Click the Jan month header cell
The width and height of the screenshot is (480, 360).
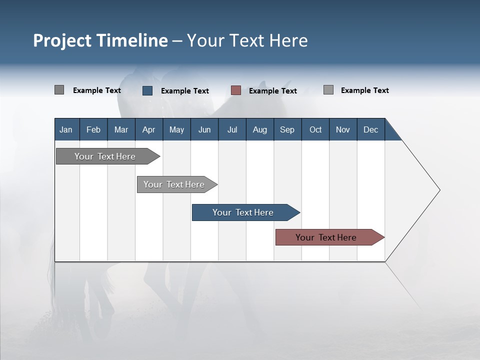[66, 129]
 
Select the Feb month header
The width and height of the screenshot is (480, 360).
[93, 129]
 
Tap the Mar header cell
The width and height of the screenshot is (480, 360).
[121, 129]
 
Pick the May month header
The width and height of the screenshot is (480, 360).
[176, 129]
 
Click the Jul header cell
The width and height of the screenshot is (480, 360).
[232, 129]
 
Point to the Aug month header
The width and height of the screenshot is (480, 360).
[259, 129]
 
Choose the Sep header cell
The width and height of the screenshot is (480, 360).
[287, 129]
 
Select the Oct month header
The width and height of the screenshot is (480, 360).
[315, 129]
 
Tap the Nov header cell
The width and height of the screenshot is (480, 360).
[343, 129]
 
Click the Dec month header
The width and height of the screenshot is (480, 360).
[370, 129]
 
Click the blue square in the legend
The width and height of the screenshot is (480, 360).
[147, 90]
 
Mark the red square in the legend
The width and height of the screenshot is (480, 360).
[236, 90]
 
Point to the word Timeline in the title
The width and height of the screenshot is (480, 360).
[133, 40]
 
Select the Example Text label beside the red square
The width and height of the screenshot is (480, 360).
[273, 91]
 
